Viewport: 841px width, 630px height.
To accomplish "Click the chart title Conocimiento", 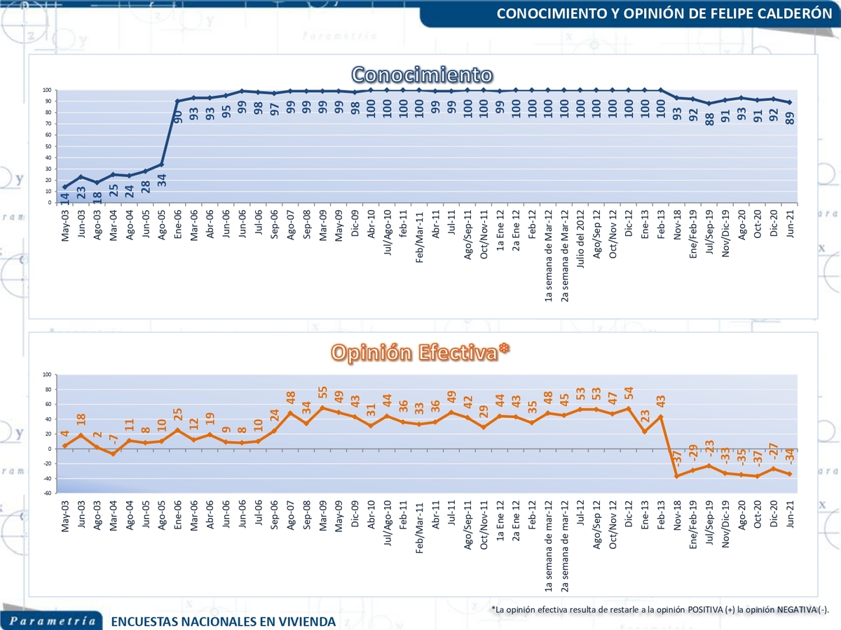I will point(421,74).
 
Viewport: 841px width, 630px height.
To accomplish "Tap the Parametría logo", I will point(53,621).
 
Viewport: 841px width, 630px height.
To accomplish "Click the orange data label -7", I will point(114,440).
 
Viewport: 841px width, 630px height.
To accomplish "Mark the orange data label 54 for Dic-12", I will point(629,393).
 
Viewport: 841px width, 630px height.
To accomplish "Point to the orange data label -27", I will point(774,448).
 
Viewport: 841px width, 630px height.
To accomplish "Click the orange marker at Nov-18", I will point(677,476).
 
